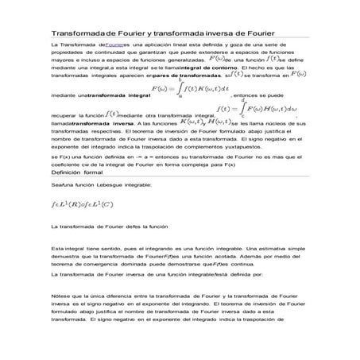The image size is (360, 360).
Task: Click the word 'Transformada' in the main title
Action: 79,36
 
